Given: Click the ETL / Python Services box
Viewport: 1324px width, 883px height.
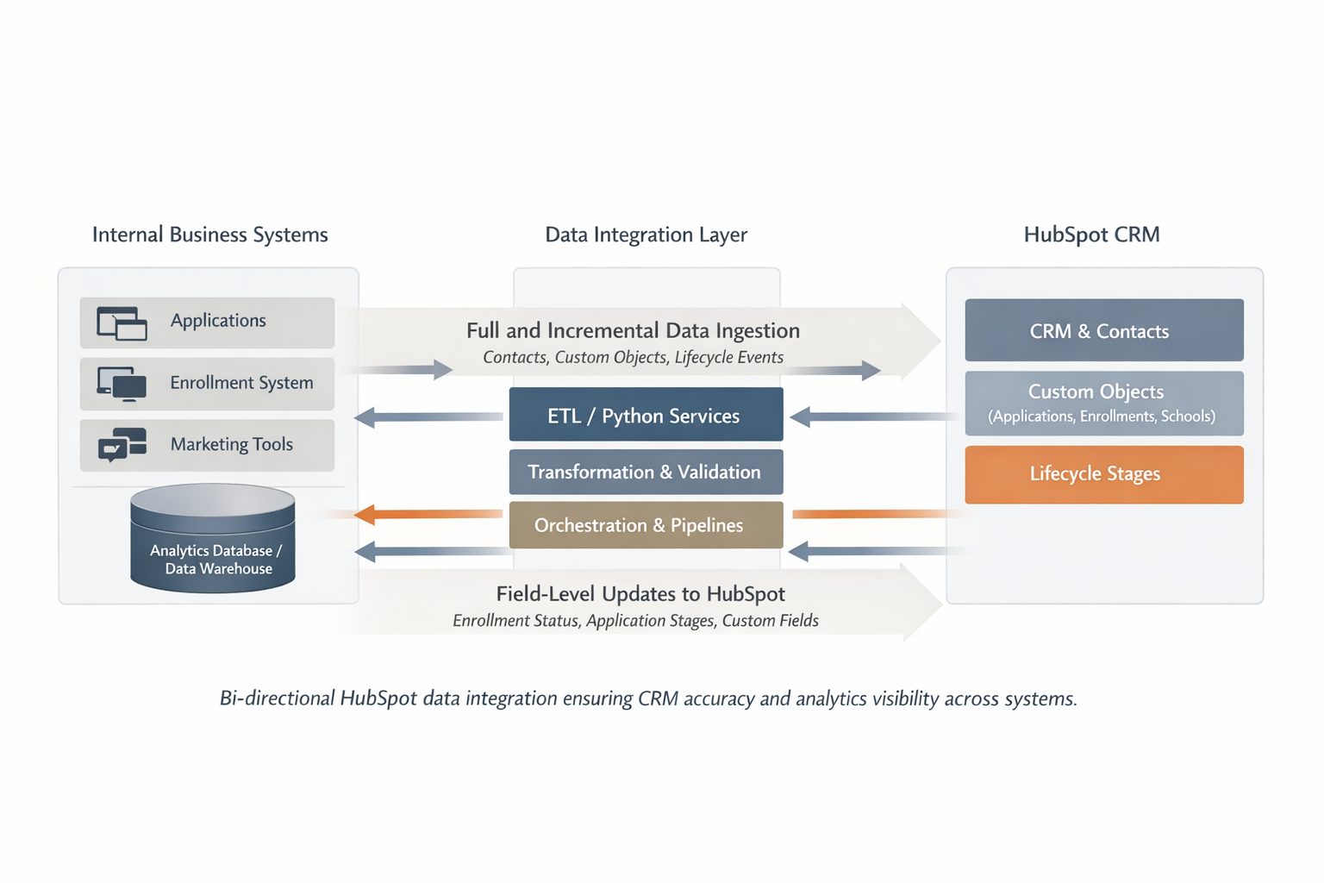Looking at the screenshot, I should [x=646, y=415].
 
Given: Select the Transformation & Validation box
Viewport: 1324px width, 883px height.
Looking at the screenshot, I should [x=646, y=472].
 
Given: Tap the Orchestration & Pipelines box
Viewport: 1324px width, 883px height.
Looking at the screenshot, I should [x=646, y=525].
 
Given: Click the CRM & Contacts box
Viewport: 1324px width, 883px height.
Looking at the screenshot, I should [x=1103, y=330].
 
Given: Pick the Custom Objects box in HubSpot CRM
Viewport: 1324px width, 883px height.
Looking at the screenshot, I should [x=1103, y=403].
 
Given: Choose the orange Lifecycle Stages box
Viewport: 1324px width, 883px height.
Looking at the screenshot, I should [x=1103, y=474].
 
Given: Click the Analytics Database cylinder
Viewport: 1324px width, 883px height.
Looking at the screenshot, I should [x=213, y=539].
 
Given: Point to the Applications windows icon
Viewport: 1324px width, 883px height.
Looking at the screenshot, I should [x=122, y=323].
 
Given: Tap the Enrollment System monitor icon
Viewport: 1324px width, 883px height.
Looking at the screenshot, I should [x=122, y=384].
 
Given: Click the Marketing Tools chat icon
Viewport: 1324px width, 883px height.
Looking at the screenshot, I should [x=122, y=445].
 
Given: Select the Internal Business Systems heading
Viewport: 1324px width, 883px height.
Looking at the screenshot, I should [x=209, y=235].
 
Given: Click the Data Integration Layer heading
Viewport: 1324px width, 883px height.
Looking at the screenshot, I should [x=646, y=235].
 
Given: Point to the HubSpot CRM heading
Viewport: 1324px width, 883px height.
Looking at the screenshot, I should [x=1091, y=235].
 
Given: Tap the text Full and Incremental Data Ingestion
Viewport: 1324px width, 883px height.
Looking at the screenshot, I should [x=633, y=330].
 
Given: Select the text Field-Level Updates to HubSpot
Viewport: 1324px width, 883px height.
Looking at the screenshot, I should [x=640, y=593].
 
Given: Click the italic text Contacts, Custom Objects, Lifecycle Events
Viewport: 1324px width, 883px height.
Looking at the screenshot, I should [x=633, y=357].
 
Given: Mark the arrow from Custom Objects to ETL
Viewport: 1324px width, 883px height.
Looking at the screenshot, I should [x=871, y=417].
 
